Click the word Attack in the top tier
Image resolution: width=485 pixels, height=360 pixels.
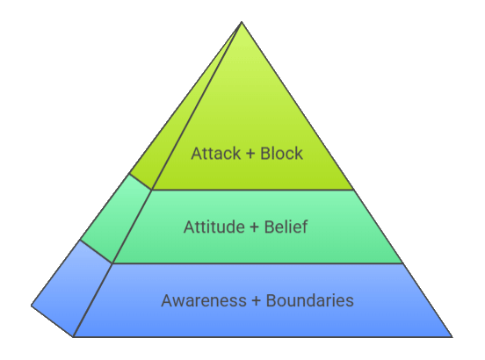pyautogui.click(x=215, y=154)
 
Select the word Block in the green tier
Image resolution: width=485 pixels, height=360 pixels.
pyautogui.click(x=281, y=154)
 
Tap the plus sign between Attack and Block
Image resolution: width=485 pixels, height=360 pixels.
pyautogui.click(x=250, y=154)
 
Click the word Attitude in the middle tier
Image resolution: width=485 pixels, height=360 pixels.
pyautogui.click(x=214, y=227)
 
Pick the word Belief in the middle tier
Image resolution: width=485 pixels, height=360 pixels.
pyautogui.click(x=286, y=227)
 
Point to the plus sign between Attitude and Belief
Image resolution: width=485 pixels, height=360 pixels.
pyautogui.click(x=254, y=227)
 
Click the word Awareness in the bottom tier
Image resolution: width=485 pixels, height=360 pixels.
pyautogui.click(x=204, y=300)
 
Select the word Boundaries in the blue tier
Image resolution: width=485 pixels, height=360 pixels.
pyautogui.click(x=310, y=300)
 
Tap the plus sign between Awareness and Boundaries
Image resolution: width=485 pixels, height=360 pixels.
pyautogui.click(x=256, y=301)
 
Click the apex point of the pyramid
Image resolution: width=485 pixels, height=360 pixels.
pyautogui.click(x=242, y=22)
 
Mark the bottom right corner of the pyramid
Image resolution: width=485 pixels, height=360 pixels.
pyautogui.click(x=452, y=337)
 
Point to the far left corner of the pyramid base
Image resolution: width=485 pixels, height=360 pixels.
pyautogui.click(x=32, y=306)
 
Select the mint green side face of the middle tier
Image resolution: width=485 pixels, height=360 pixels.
pyautogui.click(x=116, y=218)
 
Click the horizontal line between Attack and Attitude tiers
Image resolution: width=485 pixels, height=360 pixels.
pyautogui.click(x=253, y=190)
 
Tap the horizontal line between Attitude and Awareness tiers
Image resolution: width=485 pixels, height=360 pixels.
pyautogui.click(x=258, y=263)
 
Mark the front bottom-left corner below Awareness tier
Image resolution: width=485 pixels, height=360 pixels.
pyautogui.click(x=73, y=337)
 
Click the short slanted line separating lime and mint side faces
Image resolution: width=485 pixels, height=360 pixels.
pyautogui.click(x=141, y=182)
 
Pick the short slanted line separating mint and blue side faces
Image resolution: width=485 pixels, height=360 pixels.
pyautogui.click(x=96, y=251)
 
